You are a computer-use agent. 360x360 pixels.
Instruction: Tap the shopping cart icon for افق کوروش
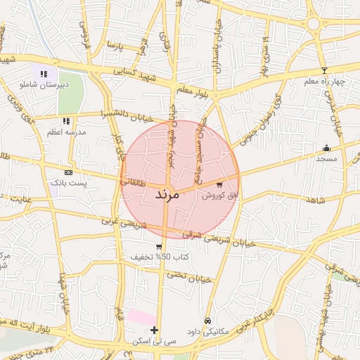219,184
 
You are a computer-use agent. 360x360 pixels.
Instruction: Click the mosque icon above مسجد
326,148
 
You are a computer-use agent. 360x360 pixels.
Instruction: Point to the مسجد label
327,159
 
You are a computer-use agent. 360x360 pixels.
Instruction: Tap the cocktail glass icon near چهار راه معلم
323,70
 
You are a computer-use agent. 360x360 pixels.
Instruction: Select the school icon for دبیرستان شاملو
44,73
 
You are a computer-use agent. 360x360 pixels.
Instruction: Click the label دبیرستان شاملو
44,84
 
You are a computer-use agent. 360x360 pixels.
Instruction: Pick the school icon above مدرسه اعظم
66,121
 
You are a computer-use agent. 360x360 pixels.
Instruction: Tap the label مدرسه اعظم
66,132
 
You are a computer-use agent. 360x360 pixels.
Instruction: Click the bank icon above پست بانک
68,172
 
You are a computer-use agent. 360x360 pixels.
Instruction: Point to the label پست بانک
69,183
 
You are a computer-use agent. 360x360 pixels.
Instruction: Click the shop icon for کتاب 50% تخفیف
160,247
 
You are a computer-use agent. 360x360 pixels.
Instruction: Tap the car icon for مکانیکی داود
207,320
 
